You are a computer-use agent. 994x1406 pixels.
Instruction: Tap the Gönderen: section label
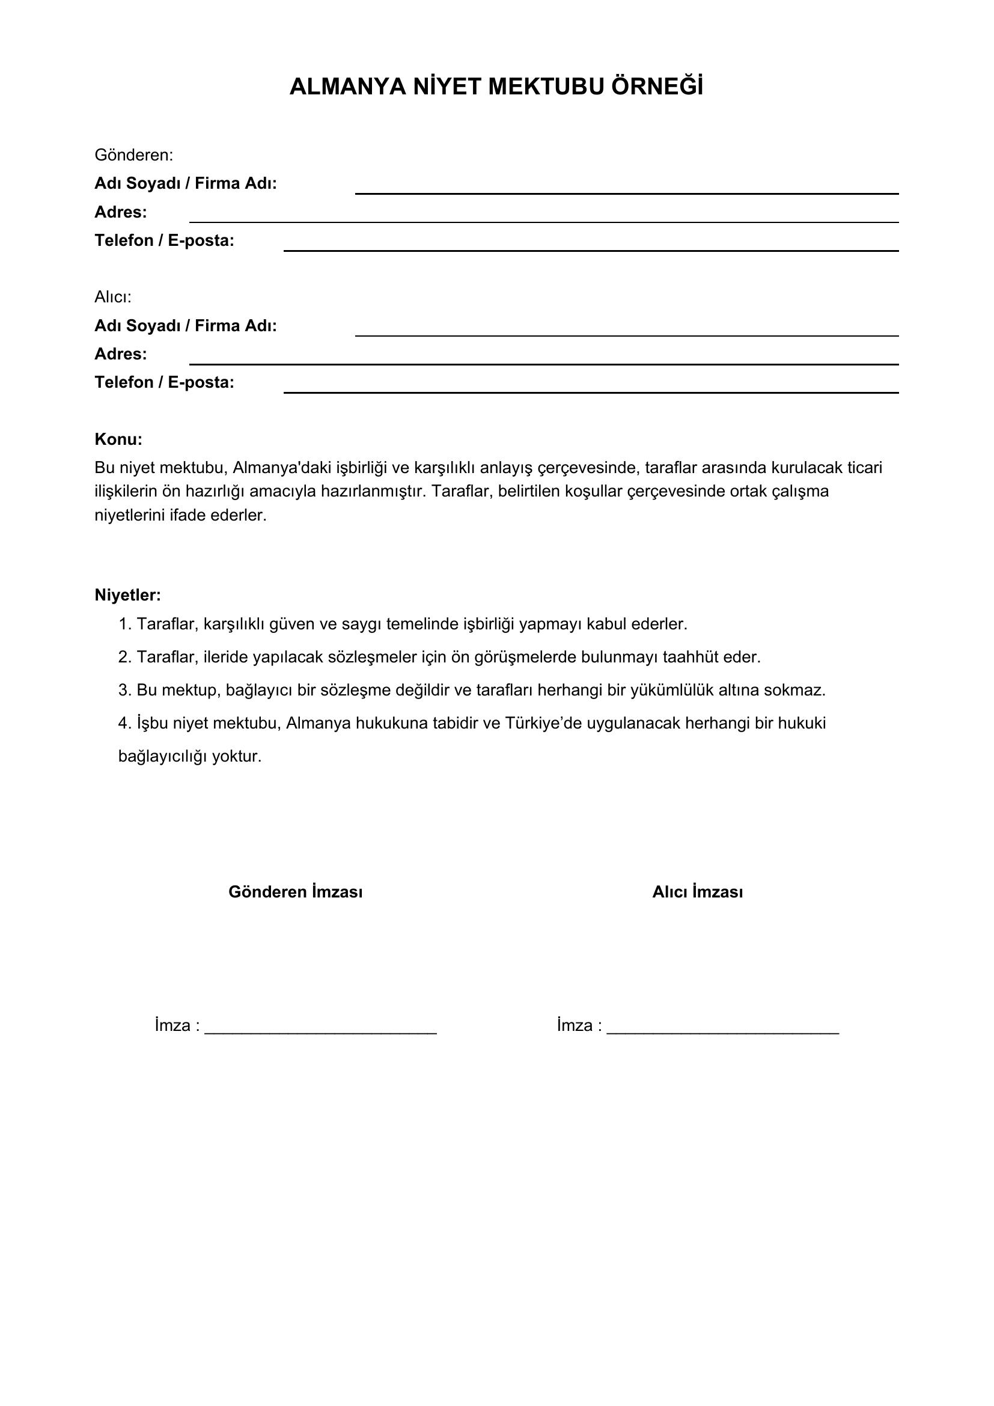point(133,156)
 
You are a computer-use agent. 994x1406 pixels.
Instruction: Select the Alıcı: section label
point(112,297)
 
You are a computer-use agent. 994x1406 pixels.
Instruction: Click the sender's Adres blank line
point(543,221)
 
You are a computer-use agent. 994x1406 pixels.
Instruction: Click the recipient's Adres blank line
point(543,363)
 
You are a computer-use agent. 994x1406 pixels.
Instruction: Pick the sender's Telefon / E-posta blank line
point(591,250)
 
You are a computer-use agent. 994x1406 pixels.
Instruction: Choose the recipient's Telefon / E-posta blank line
point(591,392)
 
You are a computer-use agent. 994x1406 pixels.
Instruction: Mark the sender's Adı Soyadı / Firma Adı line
point(627,193)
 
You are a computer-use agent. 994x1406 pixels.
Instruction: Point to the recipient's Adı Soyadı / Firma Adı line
point(627,335)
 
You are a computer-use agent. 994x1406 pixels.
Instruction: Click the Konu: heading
point(118,439)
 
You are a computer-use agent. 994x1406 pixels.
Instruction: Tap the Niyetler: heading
point(127,594)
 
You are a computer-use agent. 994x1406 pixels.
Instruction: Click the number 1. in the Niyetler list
point(125,624)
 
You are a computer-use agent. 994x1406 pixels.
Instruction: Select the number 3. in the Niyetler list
point(125,690)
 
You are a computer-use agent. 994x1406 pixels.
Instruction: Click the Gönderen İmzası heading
point(296,891)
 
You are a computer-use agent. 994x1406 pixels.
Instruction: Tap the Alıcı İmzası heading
point(697,891)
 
